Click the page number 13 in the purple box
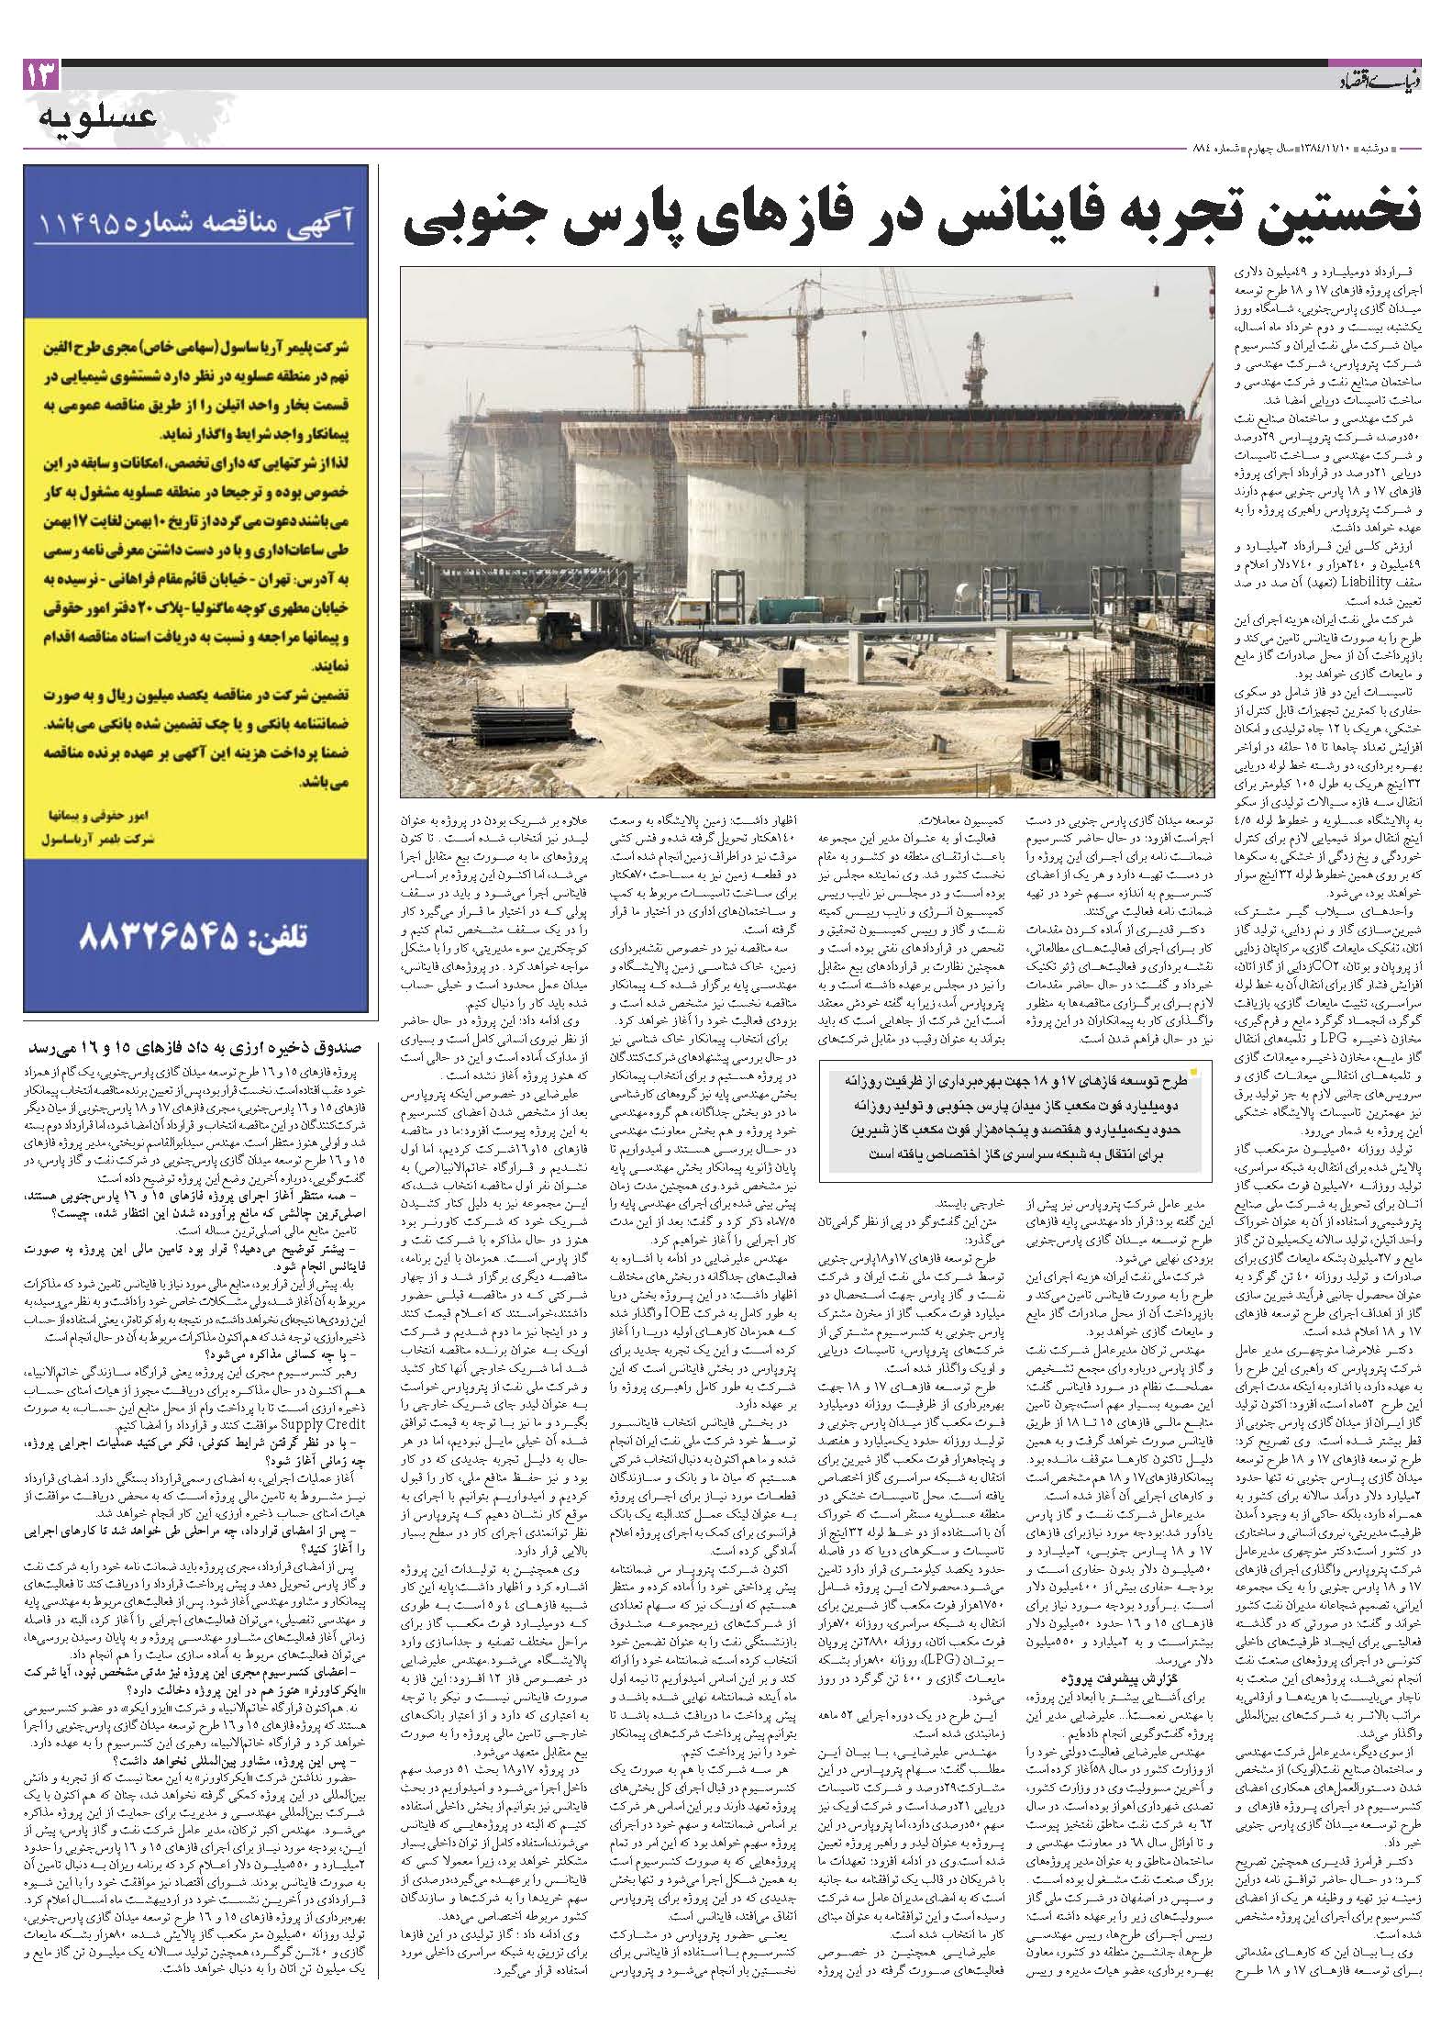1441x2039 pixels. [40, 74]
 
